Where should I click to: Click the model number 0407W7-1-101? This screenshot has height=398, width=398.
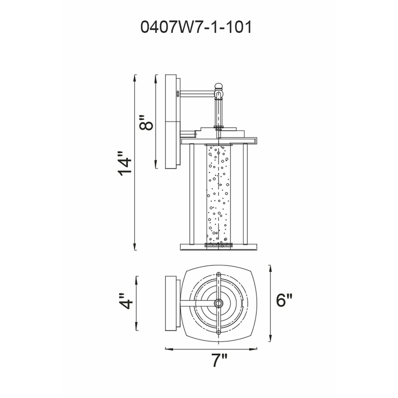(196, 27)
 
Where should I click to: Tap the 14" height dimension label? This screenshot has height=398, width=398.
(125, 164)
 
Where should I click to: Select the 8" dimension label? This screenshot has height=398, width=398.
(146, 122)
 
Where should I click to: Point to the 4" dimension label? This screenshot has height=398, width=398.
(126, 301)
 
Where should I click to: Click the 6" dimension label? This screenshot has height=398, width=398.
(284, 300)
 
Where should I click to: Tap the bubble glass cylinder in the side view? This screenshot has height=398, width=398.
(218, 195)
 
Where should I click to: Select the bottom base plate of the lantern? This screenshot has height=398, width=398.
(218, 247)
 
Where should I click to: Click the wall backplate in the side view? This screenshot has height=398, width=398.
(171, 121)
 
